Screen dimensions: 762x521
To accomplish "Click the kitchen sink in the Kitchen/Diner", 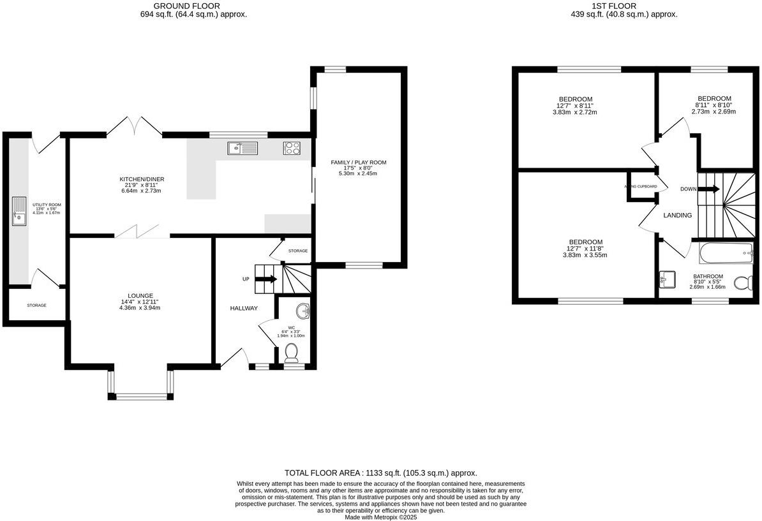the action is [x=242, y=149].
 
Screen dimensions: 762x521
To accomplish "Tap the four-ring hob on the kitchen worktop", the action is [x=292, y=149].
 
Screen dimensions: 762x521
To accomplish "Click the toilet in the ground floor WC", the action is [x=292, y=352].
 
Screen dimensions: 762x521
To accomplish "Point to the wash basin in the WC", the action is [x=303, y=311].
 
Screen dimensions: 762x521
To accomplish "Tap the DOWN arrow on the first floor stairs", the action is [x=709, y=189].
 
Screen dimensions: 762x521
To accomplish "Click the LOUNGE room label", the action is [x=140, y=296].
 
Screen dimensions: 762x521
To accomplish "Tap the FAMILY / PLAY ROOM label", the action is [x=358, y=163].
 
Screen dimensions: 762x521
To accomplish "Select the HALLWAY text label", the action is [x=244, y=309].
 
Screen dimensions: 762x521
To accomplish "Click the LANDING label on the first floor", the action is [x=677, y=216].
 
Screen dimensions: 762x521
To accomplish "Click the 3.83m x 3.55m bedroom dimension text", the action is [x=585, y=254].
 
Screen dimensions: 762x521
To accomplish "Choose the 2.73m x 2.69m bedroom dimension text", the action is [x=713, y=111].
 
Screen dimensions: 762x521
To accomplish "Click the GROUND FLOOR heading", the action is [x=177, y=6].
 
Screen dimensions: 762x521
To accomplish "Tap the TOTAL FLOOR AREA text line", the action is [x=380, y=473].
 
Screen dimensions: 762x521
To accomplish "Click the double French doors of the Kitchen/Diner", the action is [x=134, y=126].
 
